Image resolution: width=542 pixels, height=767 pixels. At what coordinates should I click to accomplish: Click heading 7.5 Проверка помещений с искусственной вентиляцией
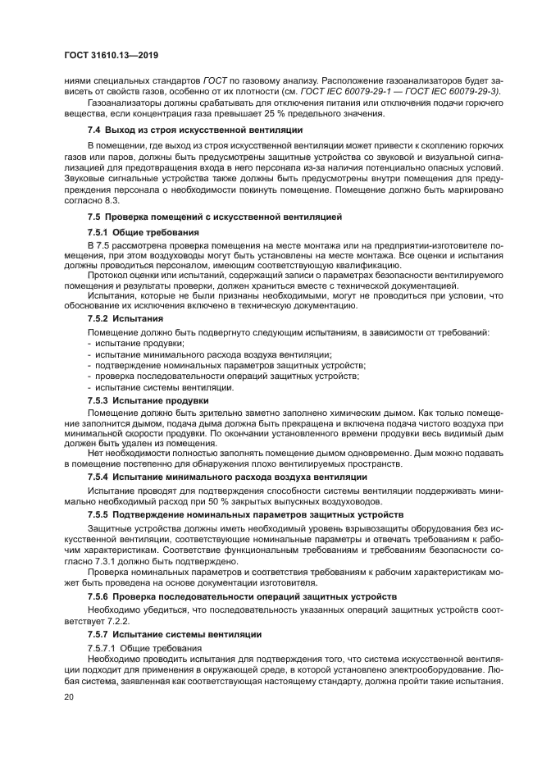[x=215, y=217]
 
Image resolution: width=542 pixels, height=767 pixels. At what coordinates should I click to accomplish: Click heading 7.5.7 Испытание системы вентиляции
[x=175, y=634]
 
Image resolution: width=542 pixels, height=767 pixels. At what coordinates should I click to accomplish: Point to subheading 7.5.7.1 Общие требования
[x=144, y=648]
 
